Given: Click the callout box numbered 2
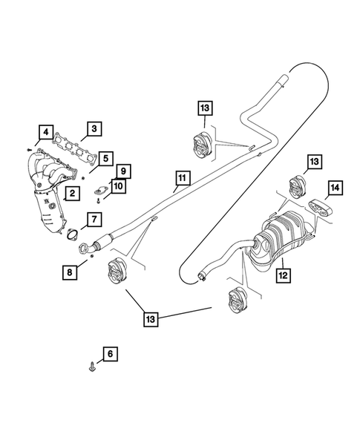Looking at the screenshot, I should [71, 194].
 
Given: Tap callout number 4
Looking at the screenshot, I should [46, 134].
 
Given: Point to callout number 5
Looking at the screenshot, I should [106, 158].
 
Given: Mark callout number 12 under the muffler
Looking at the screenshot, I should [283, 274].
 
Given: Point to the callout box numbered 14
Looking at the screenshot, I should [334, 189].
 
